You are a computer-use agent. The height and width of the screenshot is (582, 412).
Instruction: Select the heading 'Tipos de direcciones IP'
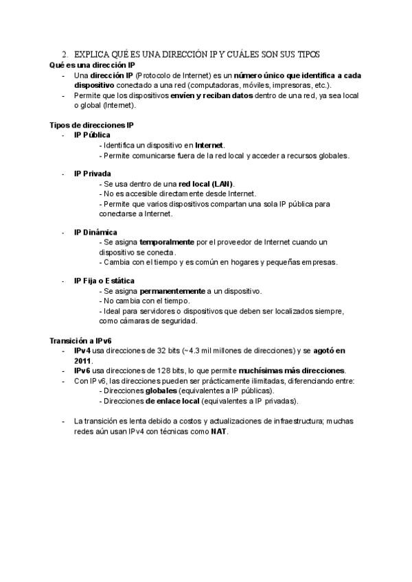click(x=91, y=126)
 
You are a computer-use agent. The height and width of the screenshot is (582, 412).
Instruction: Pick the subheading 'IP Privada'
click(x=92, y=174)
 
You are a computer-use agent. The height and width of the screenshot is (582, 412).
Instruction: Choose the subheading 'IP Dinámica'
click(x=95, y=232)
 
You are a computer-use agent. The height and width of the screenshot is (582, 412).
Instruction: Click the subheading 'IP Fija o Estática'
click(x=104, y=281)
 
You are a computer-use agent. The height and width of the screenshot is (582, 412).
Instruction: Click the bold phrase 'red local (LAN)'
click(x=206, y=184)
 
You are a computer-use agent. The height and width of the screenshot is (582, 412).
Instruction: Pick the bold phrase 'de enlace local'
click(x=163, y=401)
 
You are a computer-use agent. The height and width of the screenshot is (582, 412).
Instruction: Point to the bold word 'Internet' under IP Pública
click(x=209, y=145)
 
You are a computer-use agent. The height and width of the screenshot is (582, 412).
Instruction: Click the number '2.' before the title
click(x=65, y=54)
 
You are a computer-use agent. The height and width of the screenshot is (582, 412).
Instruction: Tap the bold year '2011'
click(x=82, y=360)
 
